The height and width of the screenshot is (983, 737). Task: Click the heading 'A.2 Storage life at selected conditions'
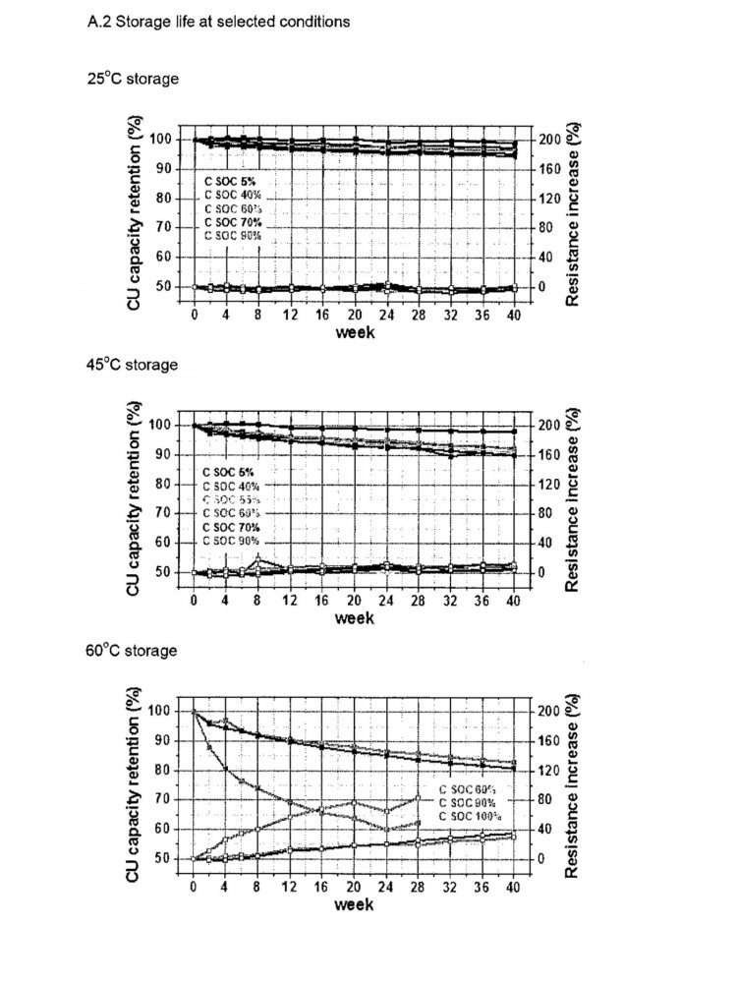tap(218, 21)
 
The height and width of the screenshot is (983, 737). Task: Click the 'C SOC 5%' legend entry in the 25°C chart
tap(233, 182)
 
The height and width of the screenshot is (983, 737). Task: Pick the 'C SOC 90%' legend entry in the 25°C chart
tap(233, 235)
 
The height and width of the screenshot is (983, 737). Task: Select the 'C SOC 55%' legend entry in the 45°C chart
tap(233, 499)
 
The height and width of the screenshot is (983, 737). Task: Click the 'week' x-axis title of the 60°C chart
tap(354, 903)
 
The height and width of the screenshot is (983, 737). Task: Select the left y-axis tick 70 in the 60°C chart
tap(165, 799)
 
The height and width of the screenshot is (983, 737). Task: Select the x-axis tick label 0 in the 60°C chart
tap(194, 886)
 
